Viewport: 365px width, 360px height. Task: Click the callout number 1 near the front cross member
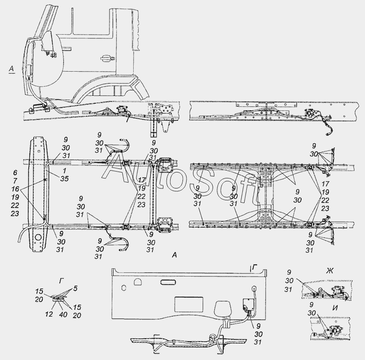tap(65, 171)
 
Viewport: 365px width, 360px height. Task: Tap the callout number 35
tap(64, 178)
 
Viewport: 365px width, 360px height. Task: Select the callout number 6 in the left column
tap(15, 173)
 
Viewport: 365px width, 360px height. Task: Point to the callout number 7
tap(16, 181)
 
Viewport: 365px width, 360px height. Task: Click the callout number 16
tap(15, 189)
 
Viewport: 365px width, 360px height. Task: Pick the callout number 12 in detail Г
tap(49, 314)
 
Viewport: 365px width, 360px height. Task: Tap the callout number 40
tap(63, 314)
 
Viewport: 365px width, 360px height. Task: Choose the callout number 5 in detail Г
tap(75, 288)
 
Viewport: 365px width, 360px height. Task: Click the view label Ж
tap(330, 271)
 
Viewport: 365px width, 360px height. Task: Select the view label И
tap(335, 308)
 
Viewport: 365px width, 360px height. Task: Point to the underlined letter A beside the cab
tap(12, 69)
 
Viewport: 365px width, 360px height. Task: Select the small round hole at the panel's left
tap(124, 288)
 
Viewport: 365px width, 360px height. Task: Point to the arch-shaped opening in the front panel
tap(137, 282)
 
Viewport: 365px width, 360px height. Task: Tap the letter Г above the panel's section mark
tap(255, 268)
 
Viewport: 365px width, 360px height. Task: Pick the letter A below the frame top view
tap(174, 255)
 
